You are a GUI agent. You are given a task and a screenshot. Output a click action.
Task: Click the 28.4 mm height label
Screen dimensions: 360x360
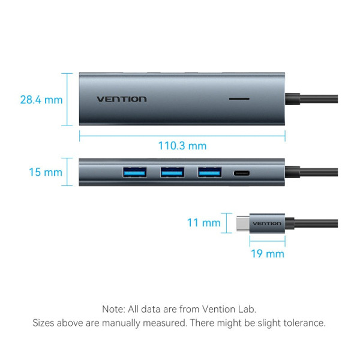[x=41, y=100]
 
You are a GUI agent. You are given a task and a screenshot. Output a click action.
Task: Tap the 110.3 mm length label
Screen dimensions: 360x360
[x=182, y=146]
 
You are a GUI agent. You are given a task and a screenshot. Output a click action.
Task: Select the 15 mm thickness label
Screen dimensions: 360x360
[x=46, y=172]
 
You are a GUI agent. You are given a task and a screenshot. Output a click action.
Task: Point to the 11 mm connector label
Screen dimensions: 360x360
[x=203, y=223]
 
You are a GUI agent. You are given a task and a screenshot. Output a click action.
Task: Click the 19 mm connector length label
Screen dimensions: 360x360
[x=267, y=254]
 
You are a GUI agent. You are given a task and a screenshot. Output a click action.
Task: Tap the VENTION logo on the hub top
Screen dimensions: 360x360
[x=121, y=99]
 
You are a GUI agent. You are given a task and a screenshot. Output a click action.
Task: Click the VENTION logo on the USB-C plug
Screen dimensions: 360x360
[x=267, y=223]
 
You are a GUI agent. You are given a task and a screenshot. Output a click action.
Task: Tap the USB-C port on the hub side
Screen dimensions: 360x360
[x=243, y=173]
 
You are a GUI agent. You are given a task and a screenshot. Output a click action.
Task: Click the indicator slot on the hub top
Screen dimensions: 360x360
[x=240, y=98]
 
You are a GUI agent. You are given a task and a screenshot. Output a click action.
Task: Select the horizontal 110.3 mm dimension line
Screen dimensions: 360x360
[x=182, y=134]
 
